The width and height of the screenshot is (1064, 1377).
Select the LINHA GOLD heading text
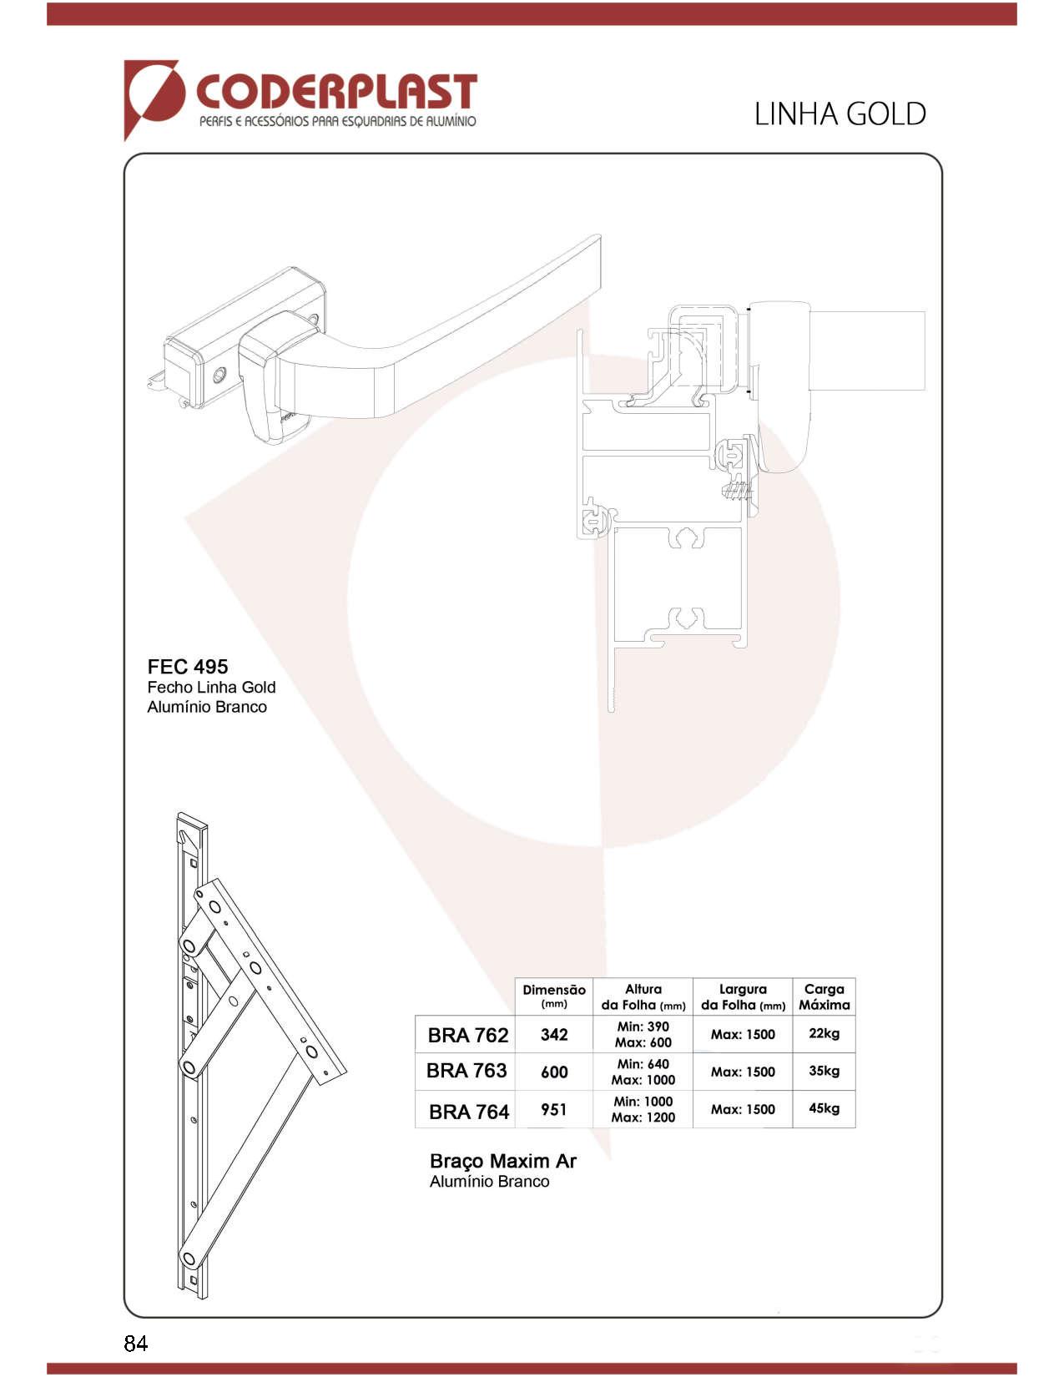(840, 114)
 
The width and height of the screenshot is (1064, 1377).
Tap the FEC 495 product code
(188, 667)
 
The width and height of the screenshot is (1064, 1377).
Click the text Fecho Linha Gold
(211, 688)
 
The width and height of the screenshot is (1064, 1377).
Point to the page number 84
(136, 1344)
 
